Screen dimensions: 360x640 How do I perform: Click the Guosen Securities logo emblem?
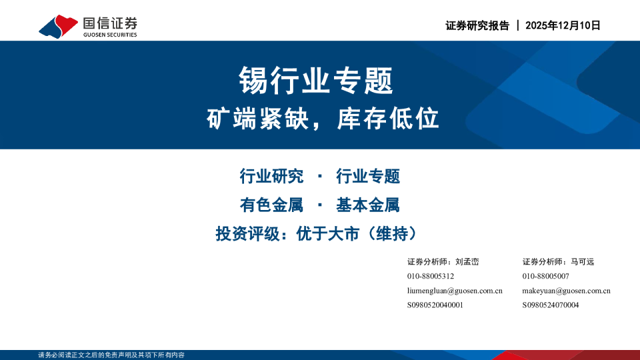click(x=59, y=26)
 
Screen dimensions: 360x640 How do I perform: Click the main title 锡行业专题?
click(x=316, y=81)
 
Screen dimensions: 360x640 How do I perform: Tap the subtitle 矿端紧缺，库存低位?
click(x=323, y=119)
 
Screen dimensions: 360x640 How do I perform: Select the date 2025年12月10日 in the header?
click(x=563, y=25)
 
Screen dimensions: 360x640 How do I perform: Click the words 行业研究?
click(x=271, y=177)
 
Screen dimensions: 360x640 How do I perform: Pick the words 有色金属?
click(x=271, y=205)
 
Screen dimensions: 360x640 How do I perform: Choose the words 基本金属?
click(x=367, y=205)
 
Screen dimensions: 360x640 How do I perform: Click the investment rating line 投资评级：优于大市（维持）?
click(x=320, y=234)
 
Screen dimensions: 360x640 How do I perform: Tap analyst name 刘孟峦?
click(x=467, y=262)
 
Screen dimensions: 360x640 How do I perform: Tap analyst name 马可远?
click(x=582, y=262)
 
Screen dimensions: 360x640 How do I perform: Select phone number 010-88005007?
click(x=545, y=276)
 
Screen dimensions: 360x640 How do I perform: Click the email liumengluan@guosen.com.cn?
click(x=454, y=291)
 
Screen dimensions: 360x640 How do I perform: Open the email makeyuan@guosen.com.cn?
click(x=566, y=291)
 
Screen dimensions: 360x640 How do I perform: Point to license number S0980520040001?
click(x=435, y=305)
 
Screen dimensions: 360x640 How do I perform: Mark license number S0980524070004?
click(x=551, y=305)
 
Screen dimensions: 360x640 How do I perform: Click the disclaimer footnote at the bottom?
click(x=111, y=355)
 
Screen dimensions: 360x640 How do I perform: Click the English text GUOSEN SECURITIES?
click(x=110, y=35)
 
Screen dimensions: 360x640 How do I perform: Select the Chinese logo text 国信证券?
click(x=110, y=23)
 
